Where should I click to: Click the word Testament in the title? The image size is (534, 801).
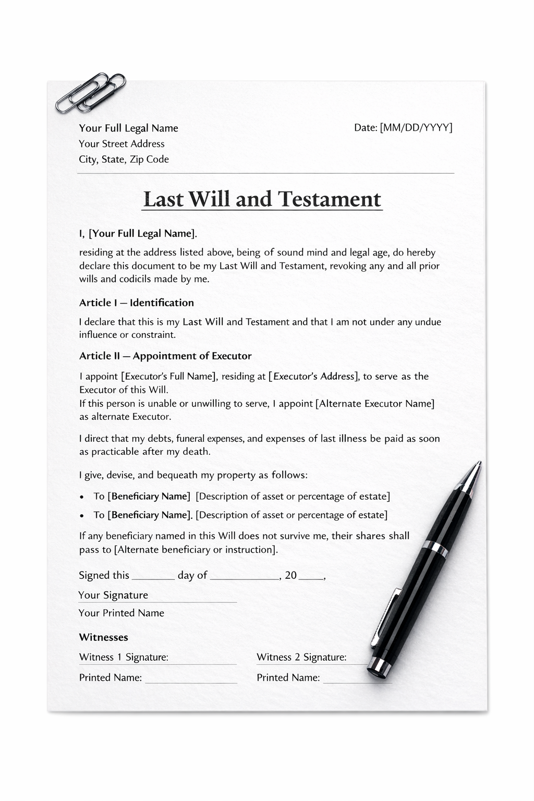(x=329, y=199)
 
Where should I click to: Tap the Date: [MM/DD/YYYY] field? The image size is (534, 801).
(x=403, y=128)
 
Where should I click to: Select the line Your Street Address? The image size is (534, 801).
(x=122, y=144)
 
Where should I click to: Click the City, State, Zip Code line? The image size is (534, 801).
(x=124, y=160)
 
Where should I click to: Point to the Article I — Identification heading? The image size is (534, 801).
(x=136, y=303)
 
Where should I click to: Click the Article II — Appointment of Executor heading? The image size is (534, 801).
(x=165, y=356)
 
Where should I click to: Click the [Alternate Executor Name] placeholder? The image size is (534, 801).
(x=374, y=404)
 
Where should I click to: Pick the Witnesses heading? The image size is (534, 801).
(x=103, y=637)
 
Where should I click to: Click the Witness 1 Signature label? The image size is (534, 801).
(x=124, y=658)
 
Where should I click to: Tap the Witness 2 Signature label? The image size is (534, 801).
(x=301, y=658)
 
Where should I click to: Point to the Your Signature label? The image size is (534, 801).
(x=113, y=596)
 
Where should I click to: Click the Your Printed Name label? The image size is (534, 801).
(x=121, y=613)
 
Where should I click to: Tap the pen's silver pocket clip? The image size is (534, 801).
(x=386, y=615)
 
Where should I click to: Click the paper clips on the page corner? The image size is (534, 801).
(x=91, y=93)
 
